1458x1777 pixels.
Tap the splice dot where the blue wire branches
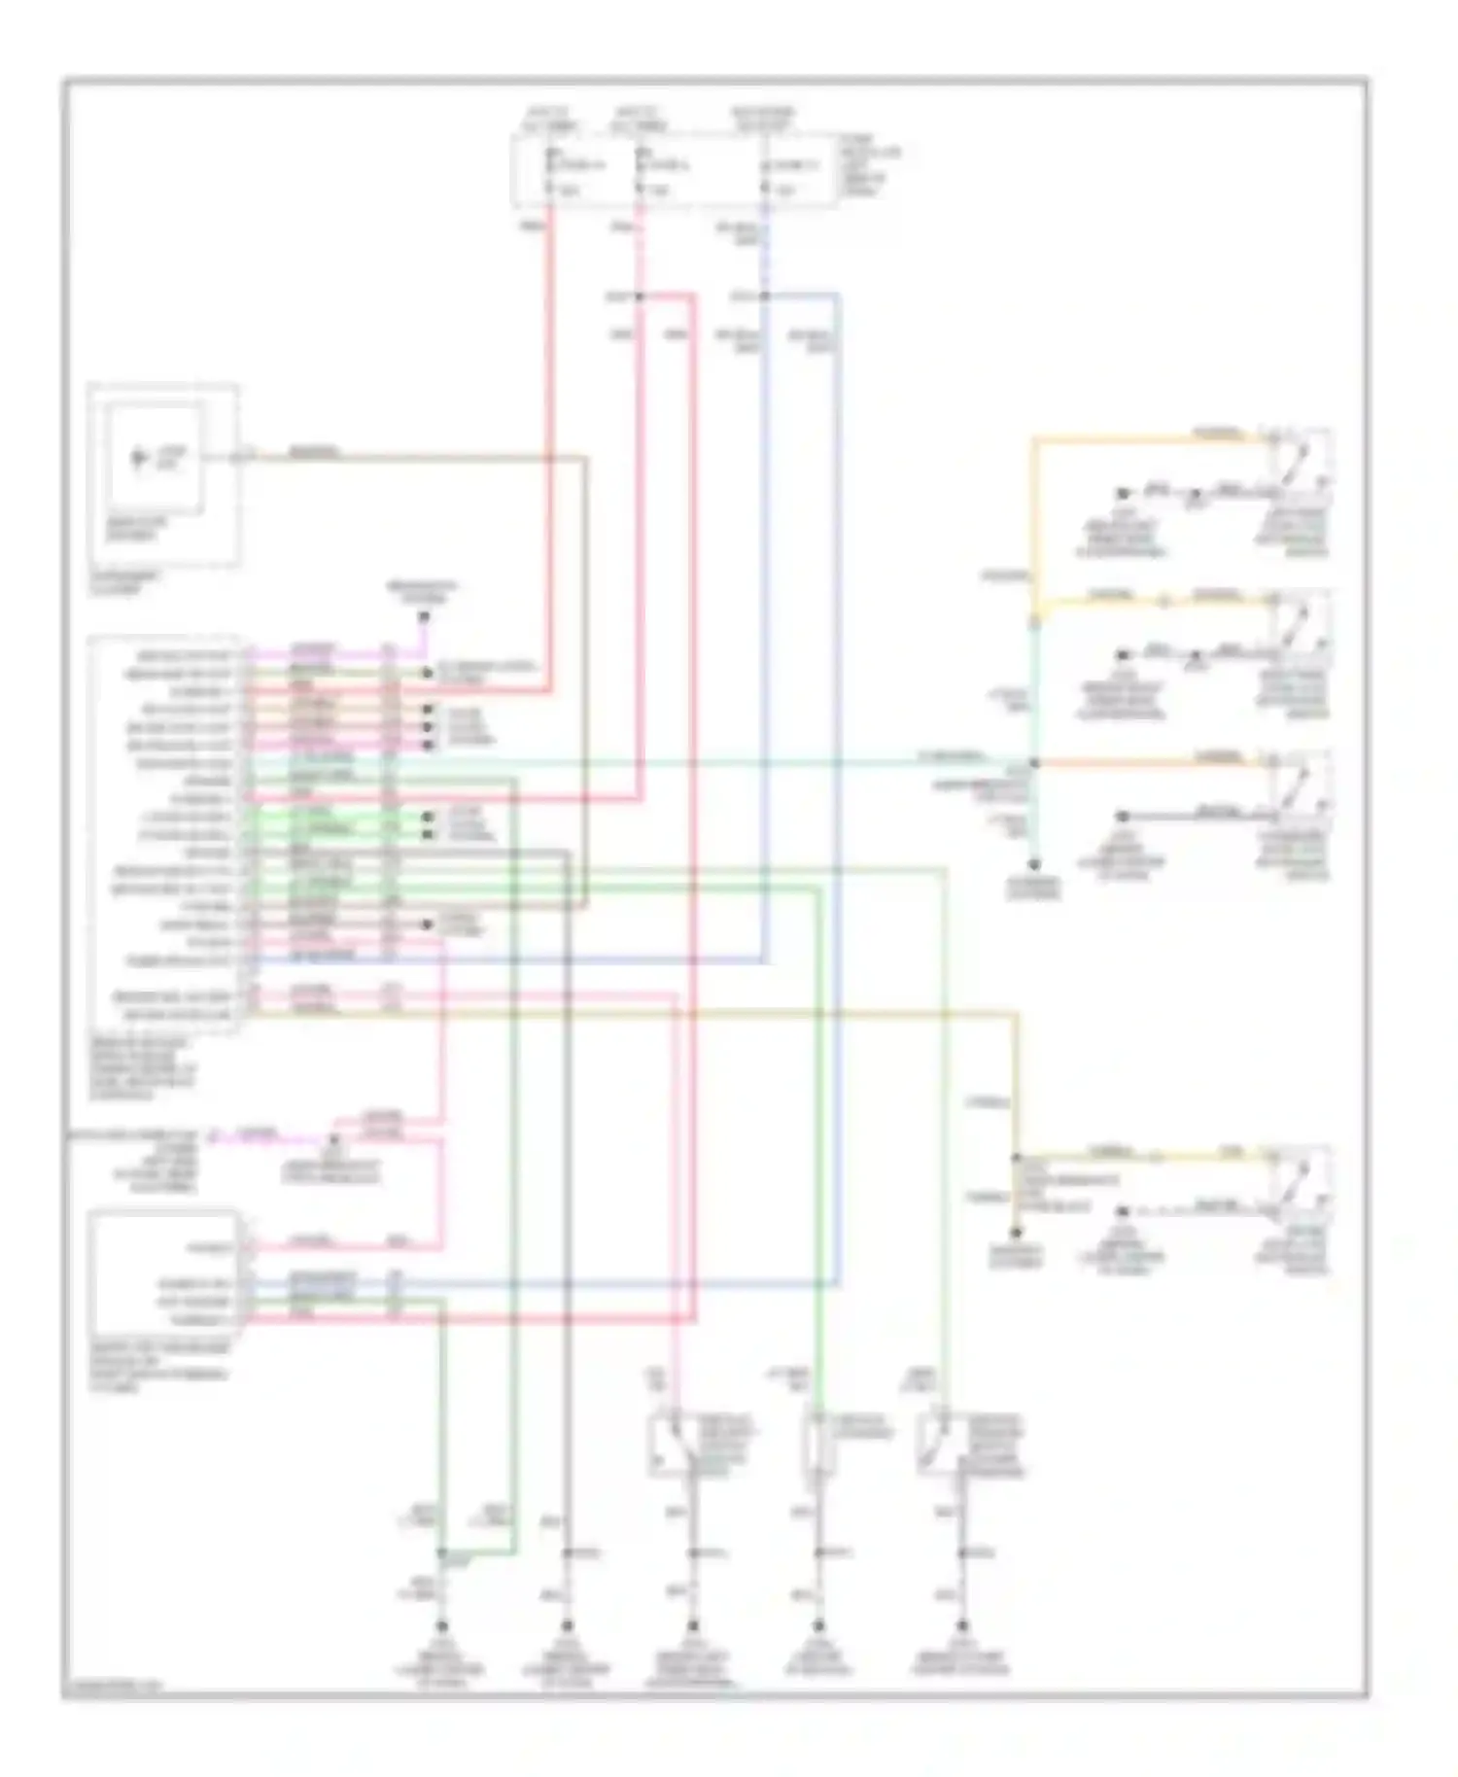(765, 295)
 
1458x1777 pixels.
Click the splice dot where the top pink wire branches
(640, 295)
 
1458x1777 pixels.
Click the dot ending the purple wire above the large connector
(424, 616)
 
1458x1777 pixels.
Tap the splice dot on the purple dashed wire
(332, 1136)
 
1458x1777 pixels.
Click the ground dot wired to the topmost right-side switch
(1122, 494)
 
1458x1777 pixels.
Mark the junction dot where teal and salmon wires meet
(1035, 763)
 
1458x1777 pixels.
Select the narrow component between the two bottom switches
(818, 1446)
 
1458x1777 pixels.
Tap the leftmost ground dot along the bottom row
(442, 1625)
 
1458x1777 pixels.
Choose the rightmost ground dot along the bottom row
(962, 1625)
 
